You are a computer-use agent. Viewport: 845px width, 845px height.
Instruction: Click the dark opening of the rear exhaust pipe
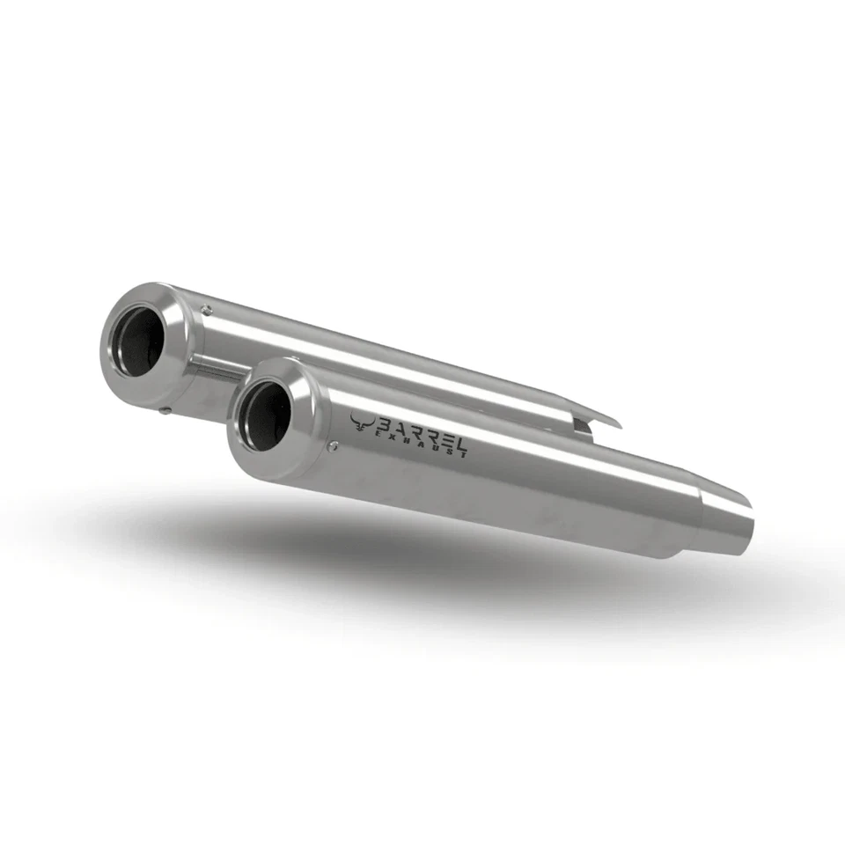coord(140,340)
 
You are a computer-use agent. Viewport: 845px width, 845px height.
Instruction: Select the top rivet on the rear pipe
coord(205,309)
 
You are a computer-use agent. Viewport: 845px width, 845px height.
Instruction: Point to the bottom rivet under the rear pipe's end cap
coord(164,408)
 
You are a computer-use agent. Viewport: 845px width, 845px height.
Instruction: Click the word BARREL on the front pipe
coord(422,432)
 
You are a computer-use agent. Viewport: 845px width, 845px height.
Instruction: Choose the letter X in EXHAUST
coord(393,437)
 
